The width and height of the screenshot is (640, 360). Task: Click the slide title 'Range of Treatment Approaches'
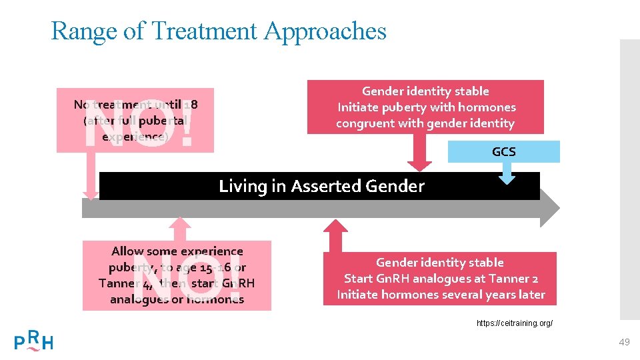click(x=218, y=31)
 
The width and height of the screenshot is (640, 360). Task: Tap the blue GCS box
click(x=503, y=152)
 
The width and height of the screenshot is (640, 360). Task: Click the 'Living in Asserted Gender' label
click(x=321, y=186)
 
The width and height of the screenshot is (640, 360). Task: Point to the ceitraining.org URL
click(x=515, y=323)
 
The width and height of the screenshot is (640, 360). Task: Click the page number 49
click(x=624, y=342)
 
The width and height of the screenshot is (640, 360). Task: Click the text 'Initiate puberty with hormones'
click(x=427, y=107)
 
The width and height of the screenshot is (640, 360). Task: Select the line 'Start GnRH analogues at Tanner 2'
click(x=441, y=279)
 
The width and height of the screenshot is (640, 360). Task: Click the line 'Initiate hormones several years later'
click(x=441, y=295)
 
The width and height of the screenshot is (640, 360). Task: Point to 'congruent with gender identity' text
click(x=425, y=123)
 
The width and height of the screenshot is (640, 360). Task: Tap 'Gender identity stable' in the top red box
click(x=425, y=91)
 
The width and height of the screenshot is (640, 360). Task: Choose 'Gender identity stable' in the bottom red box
click(x=440, y=263)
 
